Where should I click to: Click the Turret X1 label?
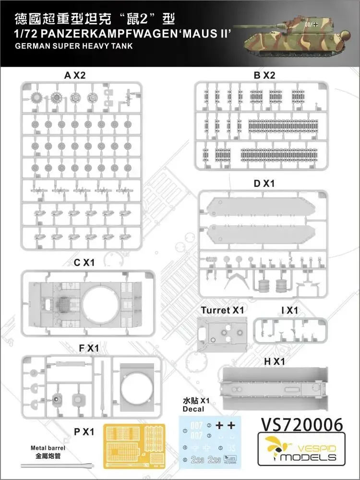coord(223,310)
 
